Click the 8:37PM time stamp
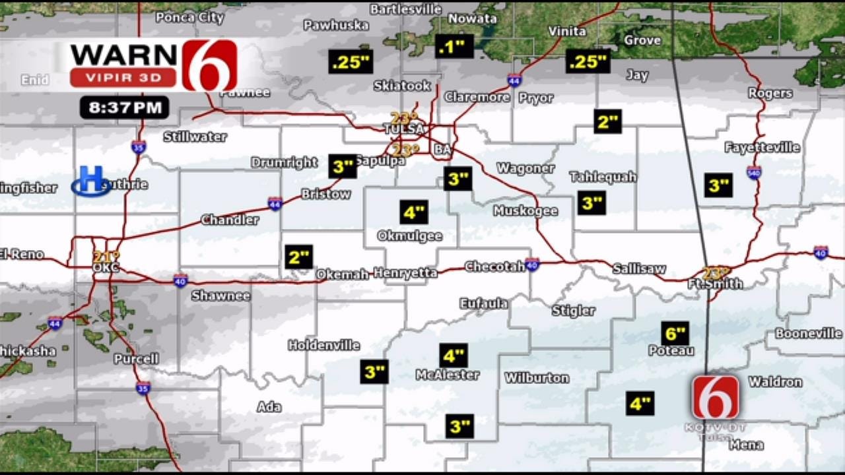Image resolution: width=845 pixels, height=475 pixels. (x=125, y=108)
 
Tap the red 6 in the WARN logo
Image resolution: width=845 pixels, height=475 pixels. (x=210, y=65)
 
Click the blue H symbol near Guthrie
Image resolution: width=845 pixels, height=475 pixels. (x=92, y=181)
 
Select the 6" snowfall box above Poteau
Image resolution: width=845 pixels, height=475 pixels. (x=675, y=333)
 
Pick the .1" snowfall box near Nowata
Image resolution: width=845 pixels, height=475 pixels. (x=454, y=46)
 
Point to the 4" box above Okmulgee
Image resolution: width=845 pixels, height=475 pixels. (x=414, y=212)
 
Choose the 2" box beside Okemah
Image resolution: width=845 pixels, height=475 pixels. (x=299, y=257)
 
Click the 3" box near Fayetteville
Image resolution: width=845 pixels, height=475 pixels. (x=718, y=185)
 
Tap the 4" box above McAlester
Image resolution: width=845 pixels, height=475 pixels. (x=454, y=356)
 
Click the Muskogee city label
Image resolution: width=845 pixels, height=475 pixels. (x=525, y=211)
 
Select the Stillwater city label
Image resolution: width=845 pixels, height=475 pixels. (x=195, y=137)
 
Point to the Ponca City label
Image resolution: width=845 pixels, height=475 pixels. (x=189, y=17)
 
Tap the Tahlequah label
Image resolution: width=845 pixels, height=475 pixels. (x=603, y=177)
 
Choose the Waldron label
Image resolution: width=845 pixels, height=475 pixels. (x=775, y=382)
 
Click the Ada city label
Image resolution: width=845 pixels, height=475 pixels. (x=269, y=407)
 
